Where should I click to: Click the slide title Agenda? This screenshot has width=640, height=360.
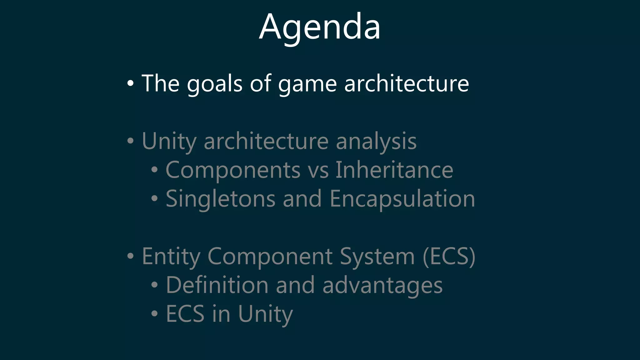coord(320,27)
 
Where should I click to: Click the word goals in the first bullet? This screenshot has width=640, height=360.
coord(214,84)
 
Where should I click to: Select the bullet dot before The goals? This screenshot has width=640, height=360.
coord(130,83)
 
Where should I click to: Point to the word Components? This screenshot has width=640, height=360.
coord(233,170)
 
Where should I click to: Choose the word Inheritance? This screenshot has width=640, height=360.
coord(394,170)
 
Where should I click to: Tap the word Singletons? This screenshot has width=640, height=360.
coord(220,199)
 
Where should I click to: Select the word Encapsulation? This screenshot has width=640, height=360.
coord(402,199)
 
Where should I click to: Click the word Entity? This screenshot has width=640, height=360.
coord(171,257)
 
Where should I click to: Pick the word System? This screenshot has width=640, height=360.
coord(377,257)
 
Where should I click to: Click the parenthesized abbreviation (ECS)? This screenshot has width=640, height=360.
coord(449,257)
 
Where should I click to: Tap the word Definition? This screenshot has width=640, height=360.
coord(217,285)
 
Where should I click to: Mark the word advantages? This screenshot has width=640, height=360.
coord(382,286)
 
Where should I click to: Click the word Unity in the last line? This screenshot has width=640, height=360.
coord(265,314)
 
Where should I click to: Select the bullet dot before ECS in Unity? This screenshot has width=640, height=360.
coord(154,313)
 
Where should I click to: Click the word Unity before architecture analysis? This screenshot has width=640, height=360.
coord(169,141)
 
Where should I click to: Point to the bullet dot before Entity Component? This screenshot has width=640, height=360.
coord(130,256)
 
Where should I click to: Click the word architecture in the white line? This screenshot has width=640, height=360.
coord(406,84)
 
